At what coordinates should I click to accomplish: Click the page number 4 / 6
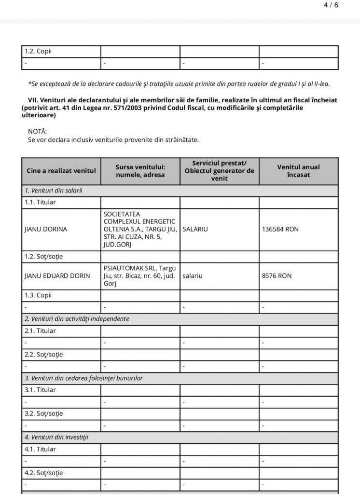331,5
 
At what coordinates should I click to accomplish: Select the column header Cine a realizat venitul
61,171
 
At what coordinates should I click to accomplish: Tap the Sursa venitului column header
140,171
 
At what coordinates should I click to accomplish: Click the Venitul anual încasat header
298,171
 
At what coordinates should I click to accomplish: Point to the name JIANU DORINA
46,229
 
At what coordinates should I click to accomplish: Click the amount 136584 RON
280,229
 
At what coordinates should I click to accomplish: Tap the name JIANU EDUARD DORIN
57,276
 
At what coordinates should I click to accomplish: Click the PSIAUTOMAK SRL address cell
140,276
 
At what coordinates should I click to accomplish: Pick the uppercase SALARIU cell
195,229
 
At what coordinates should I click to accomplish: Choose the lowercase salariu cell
193,276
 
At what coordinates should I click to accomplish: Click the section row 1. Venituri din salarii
54,191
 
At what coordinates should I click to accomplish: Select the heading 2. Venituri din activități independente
77,319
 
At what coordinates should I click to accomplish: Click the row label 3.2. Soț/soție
43,413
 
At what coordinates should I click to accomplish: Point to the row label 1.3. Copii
38,295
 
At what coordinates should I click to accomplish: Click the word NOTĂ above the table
38,131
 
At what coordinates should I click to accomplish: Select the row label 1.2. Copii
38,52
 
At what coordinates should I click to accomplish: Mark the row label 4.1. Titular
40,449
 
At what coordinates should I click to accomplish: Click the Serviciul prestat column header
219,171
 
